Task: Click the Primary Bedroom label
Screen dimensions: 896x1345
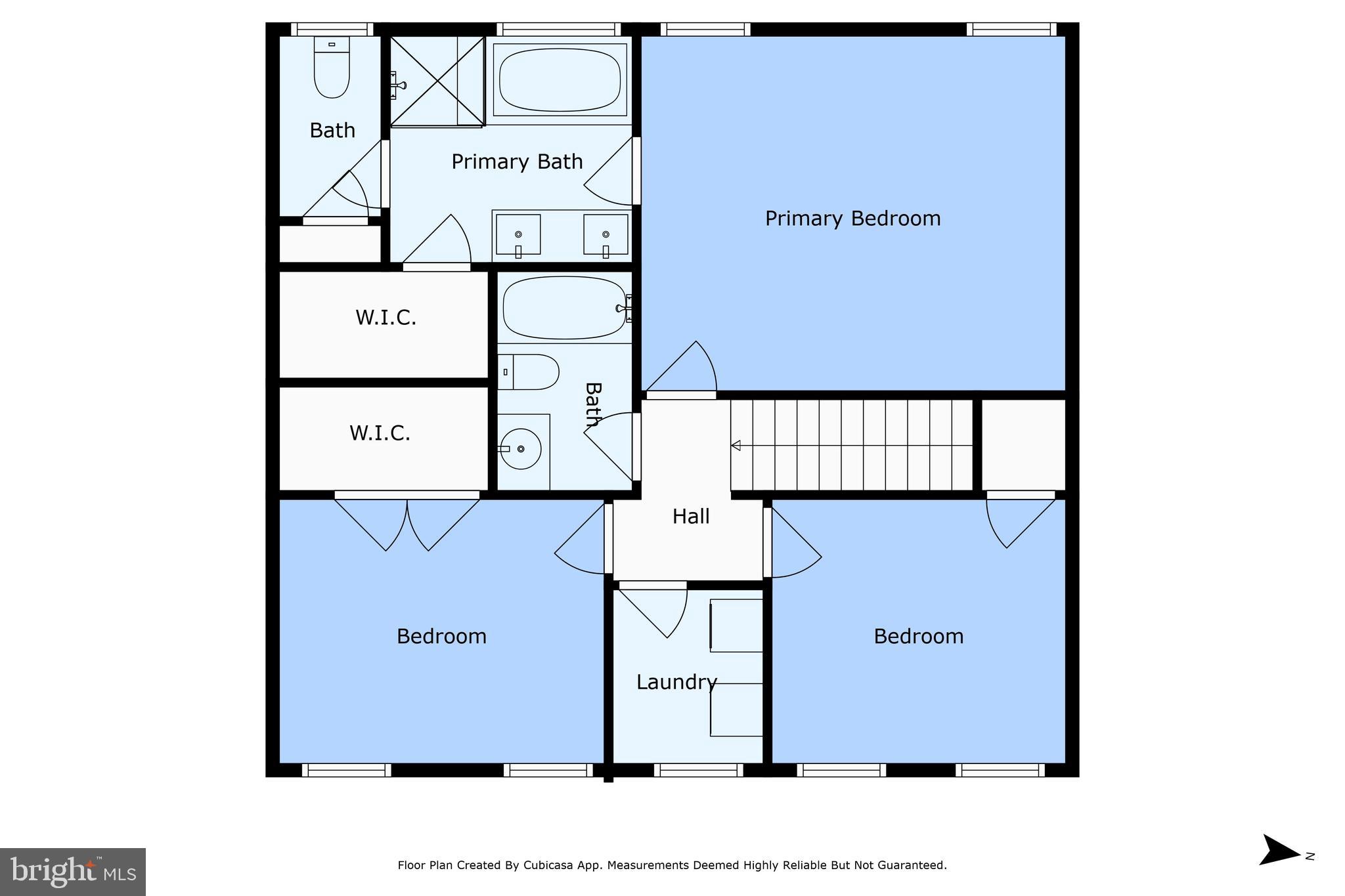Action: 852,219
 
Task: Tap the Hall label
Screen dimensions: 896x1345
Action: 691,517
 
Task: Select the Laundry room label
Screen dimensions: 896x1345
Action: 676,683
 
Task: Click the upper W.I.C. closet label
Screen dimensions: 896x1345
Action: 386,318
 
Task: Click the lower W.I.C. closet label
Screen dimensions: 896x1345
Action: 380,433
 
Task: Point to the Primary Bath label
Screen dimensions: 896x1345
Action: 517,161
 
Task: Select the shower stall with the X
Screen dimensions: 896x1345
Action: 437,81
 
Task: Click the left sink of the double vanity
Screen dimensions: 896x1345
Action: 518,235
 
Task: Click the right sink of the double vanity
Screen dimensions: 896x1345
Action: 606,235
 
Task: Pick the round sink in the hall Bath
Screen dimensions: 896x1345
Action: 521,449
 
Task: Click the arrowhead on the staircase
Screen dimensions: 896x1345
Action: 736,446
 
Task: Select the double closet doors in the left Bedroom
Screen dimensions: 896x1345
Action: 407,522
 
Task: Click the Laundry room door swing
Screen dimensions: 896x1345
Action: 653,610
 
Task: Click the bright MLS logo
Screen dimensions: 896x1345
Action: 73,872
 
